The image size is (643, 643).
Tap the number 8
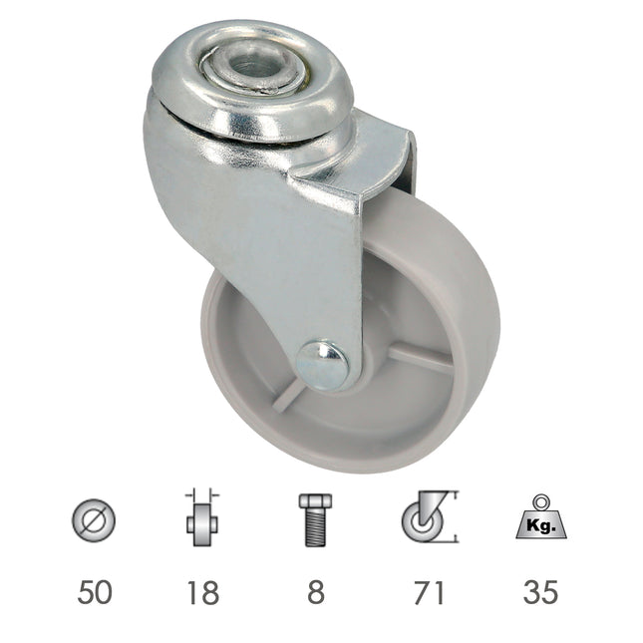(x=315, y=591)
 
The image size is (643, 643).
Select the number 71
(x=426, y=591)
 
